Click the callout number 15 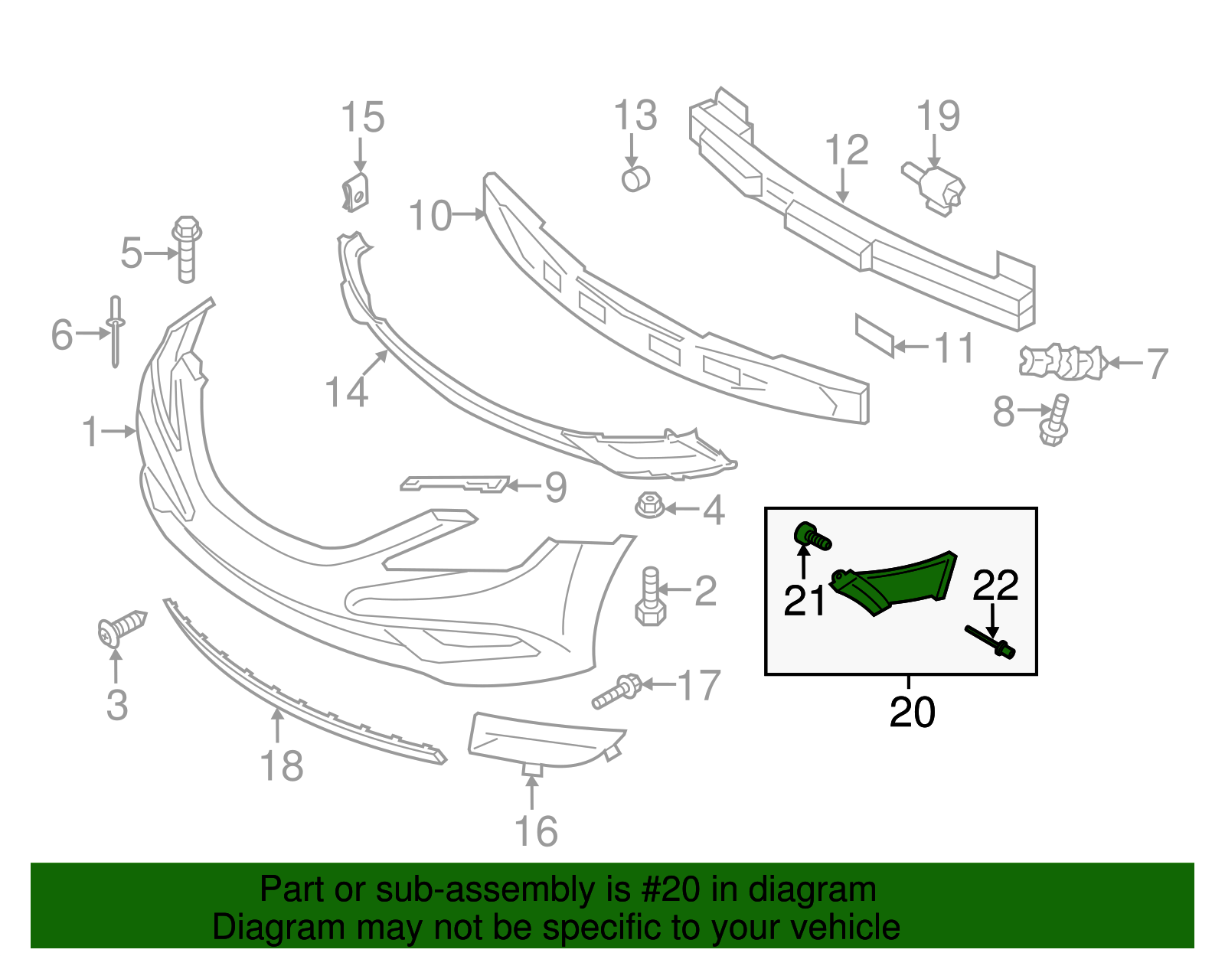(362, 117)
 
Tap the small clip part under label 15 (355, 191)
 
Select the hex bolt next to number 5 (187, 249)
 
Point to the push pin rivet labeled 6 (116, 332)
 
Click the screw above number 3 (122, 628)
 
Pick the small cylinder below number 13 (636, 179)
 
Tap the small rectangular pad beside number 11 (874, 335)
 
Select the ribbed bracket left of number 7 (1061, 362)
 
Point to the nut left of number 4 (648, 505)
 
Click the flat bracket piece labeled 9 (454, 483)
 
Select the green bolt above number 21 (812, 535)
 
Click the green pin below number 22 (990, 641)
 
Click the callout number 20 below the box (912, 712)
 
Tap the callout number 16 (536, 831)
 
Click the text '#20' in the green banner (671, 889)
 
